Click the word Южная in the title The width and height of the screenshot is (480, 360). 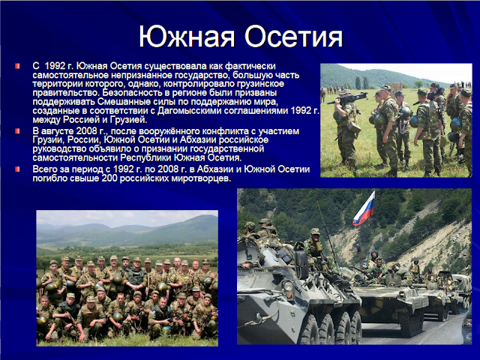(187, 37)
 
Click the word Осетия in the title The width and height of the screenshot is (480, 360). (294, 37)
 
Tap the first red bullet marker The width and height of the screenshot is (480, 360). (17, 66)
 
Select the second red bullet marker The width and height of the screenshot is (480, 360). (17, 131)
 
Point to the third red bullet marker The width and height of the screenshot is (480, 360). (17, 169)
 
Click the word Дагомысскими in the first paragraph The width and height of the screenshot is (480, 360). (190, 111)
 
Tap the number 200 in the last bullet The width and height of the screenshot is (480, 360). (109, 178)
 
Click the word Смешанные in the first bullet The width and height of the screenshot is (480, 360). (117, 102)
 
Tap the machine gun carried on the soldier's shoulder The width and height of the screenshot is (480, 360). (346, 98)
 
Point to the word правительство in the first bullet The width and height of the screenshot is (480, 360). (67, 93)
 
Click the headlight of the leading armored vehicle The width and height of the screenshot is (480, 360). (288, 286)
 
